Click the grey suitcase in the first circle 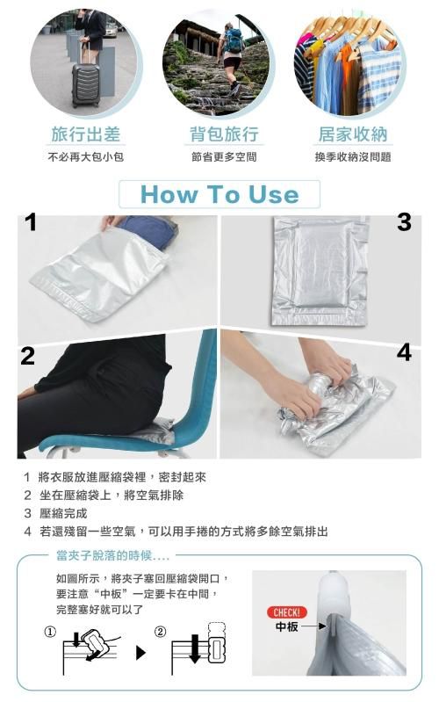pyautogui.click(x=85, y=85)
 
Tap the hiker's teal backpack pyautogui.click(x=234, y=40)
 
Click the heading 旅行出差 pyautogui.click(x=86, y=134)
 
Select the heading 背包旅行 pyautogui.click(x=224, y=134)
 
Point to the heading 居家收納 pyautogui.click(x=353, y=134)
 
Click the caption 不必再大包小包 pyautogui.click(x=85, y=157)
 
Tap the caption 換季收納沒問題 pyautogui.click(x=353, y=157)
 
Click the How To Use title pyautogui.click(x=219, y=195)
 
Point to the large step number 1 pyautogui.click(x=30, y=222)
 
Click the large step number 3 pyautogui.click(x=404, y=222)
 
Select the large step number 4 pyautogui.click(x=404, y=352)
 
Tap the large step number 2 pyautogui.click(x=27, y=356)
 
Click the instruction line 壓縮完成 pyautogui.click(x=63, y=513)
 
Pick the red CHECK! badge pyautogui.click(x=287, y=612)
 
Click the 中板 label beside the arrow pyautogui.click(x=286, y=626)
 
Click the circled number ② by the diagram pyautogui.click(x=160, y=633)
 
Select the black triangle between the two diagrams pyautogui.click(x=140, y=653)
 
